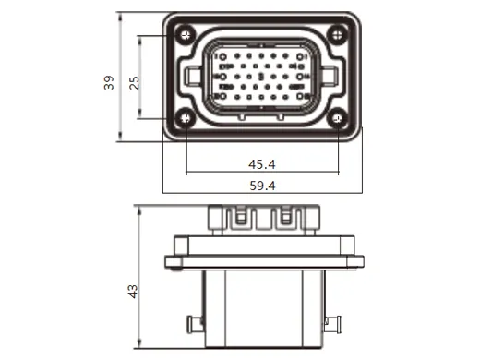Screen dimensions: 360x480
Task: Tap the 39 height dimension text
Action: (x=109, y=82)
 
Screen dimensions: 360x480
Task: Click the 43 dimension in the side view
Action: (x=133, y=291)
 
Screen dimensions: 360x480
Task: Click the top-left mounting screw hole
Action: (x=186, y=35)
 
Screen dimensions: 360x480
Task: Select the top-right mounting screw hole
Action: (x=339, y=35)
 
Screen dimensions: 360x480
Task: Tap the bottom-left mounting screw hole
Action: (x=186, y=118)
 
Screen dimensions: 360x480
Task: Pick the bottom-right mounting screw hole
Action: (x=339, y=118)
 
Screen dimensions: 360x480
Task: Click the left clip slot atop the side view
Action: (x=237, y=220)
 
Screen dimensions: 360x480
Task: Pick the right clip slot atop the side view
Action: (x=286, y=220)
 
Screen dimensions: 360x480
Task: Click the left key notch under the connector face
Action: (x=241, y=117)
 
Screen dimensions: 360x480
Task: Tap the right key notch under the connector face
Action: (x=284, y=117)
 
